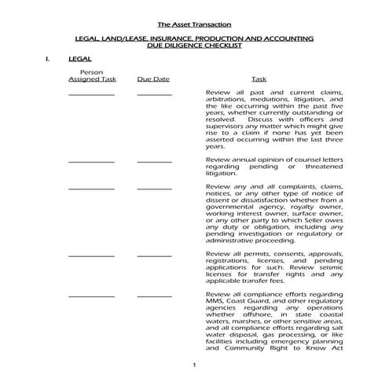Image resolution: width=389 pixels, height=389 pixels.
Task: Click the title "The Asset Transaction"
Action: tap(194, 24)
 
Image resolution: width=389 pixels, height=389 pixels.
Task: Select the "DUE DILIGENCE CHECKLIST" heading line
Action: tap(194, 46)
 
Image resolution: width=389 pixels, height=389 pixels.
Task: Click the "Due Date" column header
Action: tap(153, 79)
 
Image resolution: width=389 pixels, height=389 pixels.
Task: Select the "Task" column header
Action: tap(258, 79)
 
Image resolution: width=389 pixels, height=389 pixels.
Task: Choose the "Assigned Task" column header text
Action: tap(92, 79)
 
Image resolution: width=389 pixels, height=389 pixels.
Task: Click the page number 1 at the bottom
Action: tap(193, 367)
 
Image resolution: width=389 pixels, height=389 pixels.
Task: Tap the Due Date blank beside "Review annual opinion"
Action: tap(153, 162)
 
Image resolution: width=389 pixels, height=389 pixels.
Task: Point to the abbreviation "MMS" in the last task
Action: tap(216, 301)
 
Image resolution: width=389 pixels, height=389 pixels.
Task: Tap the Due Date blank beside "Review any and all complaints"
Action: tap(153, 189)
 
